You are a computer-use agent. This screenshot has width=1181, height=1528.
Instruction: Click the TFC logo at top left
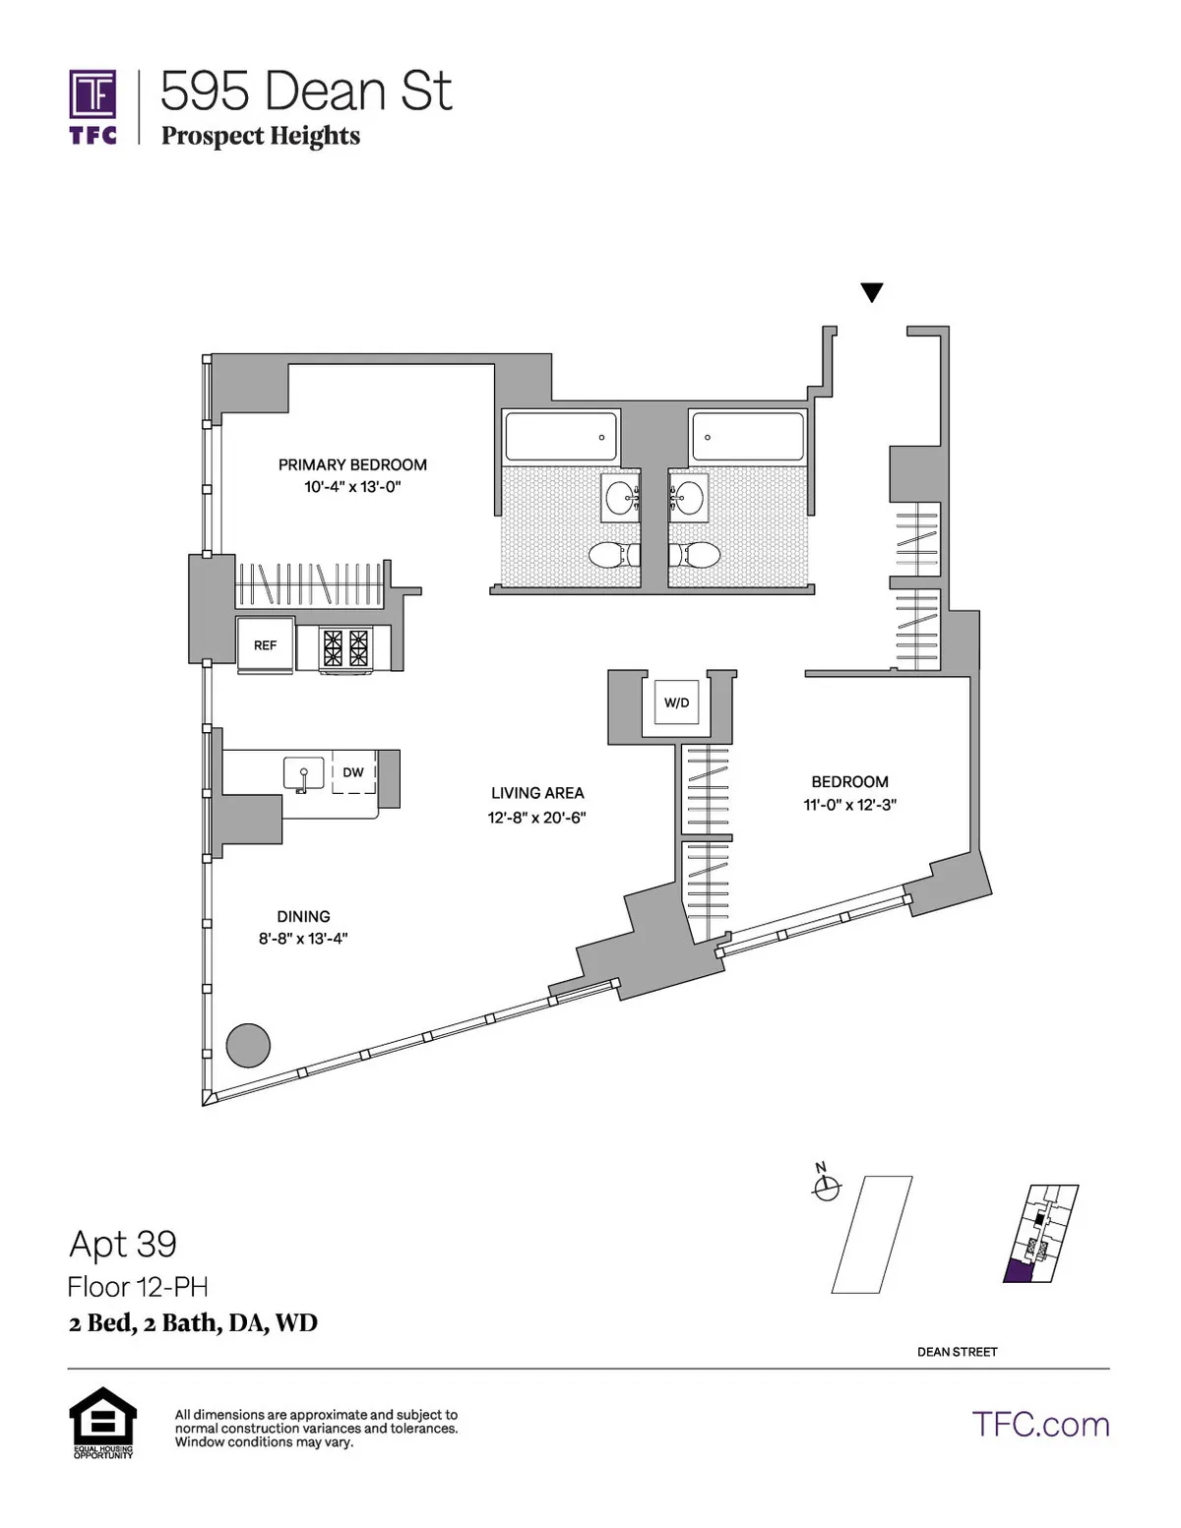pos(93,106)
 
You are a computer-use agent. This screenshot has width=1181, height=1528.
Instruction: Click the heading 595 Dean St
pos(305,92)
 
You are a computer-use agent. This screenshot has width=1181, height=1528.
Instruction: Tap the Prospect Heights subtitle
pos(260,136)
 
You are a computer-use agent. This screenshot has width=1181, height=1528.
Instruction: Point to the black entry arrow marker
pos(871,292)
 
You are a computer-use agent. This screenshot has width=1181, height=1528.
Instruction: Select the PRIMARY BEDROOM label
pos(352,464)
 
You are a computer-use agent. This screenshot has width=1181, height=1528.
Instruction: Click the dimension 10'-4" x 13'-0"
pos(352,487)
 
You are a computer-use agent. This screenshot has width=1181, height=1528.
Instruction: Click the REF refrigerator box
pos(265,645)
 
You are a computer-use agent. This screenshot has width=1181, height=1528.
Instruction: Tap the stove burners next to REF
pos(345,647)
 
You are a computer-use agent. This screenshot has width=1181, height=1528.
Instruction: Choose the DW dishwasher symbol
pos(353,773)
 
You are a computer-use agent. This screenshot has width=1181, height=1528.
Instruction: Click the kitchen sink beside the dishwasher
pos(303,774)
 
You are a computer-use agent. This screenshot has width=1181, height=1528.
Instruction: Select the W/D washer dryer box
pos(676,703)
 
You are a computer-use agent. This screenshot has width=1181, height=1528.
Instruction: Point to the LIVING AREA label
pos(537,793)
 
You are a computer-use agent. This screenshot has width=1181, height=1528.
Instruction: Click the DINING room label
pos(303,916)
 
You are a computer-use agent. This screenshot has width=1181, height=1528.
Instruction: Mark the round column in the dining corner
pos(248,1045)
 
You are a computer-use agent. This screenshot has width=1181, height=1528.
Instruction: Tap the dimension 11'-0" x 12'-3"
pos(849,805)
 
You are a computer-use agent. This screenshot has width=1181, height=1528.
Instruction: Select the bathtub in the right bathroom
pos(748,437)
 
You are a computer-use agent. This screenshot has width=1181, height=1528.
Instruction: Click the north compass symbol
pos(826,1187)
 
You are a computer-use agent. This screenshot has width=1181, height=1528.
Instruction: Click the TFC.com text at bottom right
pos(1040,1425)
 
